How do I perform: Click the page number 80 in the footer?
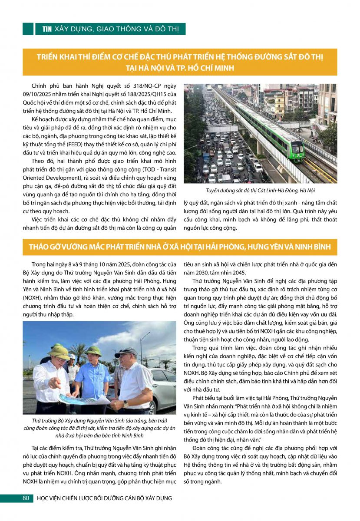(x=26, y=498)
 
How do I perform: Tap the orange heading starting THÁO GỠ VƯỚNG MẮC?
(x=180, y=247)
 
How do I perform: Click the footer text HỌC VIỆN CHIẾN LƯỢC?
(x=104, y=498)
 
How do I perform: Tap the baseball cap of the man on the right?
(x=126, y=352)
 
